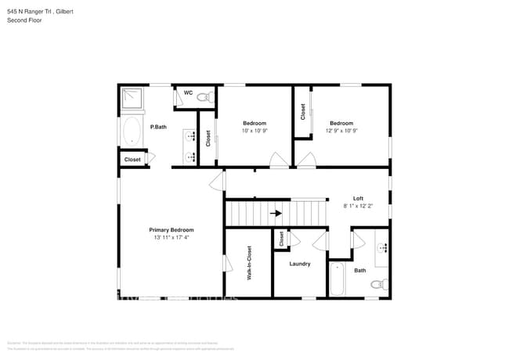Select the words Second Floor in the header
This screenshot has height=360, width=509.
pyautogui.click(x=24, y=20)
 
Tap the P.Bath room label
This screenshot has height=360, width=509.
pyautogui.click(x=158, y=127)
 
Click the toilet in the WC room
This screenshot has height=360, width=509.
pyautogui.click(x=204, y=97)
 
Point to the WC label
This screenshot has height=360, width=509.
pyautogui.click(x=188, y=93)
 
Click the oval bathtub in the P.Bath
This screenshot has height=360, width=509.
pyautogui.click(x=132, y=131)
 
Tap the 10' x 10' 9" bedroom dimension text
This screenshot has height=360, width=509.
pyautogui.click(x=254, y=131)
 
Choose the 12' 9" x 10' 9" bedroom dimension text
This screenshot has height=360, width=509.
pyautogui.click(x=341, y=131)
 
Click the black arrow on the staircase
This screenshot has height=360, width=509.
pyautogui.click(x=275, y=212)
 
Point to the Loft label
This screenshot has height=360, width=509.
pyautogui.click(x=358, y=198)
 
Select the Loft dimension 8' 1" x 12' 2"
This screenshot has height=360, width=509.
pyautogui.click(x=358, y=206)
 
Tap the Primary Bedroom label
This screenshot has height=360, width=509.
pyautogui.click(x=171, y=229)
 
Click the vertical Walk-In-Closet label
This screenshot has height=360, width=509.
pyautogui.click(x=249, y=263)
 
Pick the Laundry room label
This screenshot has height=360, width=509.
pyautogui.click(x=300, y=264)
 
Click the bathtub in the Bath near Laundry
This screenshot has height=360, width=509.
pyautogui.click(x=338, y=279)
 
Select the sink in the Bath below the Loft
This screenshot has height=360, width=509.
pyautogui.click(x=382, y=249)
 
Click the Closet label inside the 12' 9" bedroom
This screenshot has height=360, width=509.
pyautogui.click(x=303, y=112)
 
